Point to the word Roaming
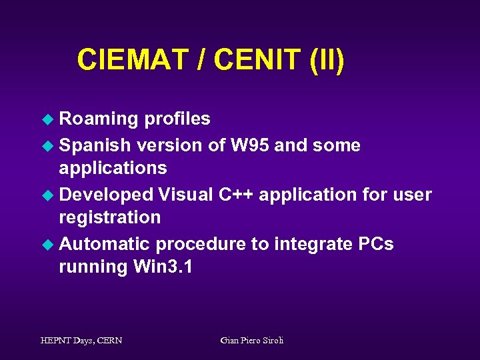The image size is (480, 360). coord(99,119)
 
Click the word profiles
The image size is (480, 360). coord(177,119)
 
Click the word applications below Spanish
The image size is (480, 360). coord(113,168)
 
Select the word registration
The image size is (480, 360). coord(110,217)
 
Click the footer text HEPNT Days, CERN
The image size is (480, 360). coord(81,340)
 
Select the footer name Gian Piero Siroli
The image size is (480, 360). coord(251,340)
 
